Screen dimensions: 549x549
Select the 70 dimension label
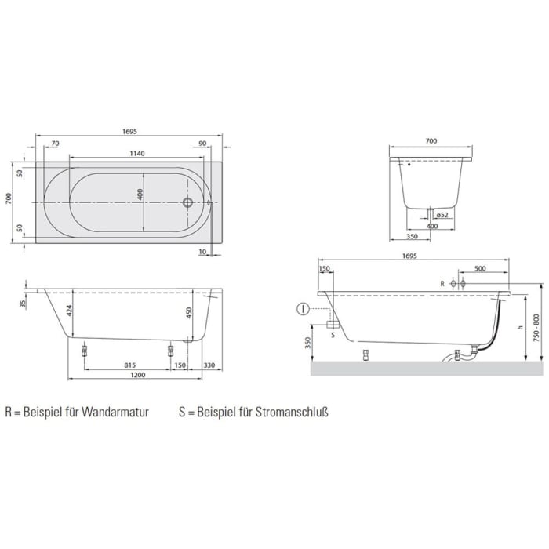click(55, 144)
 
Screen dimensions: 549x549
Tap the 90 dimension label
click(203, 144)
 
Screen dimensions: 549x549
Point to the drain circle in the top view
click(187, 202)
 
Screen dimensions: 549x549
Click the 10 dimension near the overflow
click(202, 252)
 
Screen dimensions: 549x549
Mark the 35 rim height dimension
click(24, 304)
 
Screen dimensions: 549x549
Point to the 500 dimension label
click(479, 268)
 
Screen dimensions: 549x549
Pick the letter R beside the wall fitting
click(443, 282)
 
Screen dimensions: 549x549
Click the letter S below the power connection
click(333, 333)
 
